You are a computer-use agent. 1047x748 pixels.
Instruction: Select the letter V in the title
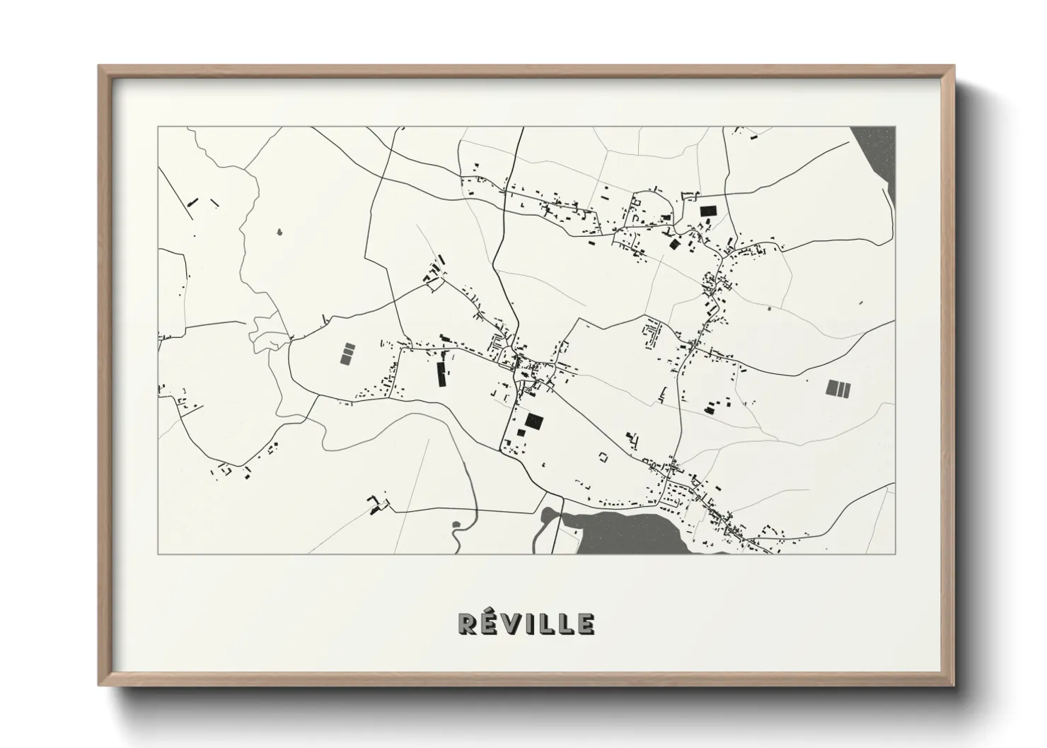pos(511,624)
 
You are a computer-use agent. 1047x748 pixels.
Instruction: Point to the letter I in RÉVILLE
pos(530,624)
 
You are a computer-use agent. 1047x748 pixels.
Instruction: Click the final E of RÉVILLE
pos(585,624)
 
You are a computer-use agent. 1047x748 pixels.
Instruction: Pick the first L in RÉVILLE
pos(545,624)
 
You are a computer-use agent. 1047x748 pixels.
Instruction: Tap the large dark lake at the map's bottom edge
pos(630,534)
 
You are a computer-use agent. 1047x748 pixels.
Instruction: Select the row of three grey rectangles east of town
pos(838,388)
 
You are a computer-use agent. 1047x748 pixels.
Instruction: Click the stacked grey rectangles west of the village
pos(347,353)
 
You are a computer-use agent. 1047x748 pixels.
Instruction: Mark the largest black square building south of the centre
pos(534,421)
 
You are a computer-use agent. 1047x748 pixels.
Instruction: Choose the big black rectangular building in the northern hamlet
pos(707,210)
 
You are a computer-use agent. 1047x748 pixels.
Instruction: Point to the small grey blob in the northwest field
pos(279,231)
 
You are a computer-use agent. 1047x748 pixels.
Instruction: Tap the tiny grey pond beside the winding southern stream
pos(456,524)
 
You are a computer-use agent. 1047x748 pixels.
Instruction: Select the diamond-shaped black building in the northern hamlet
pos(674,244)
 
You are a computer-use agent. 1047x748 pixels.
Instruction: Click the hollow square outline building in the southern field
pos(603,457)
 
